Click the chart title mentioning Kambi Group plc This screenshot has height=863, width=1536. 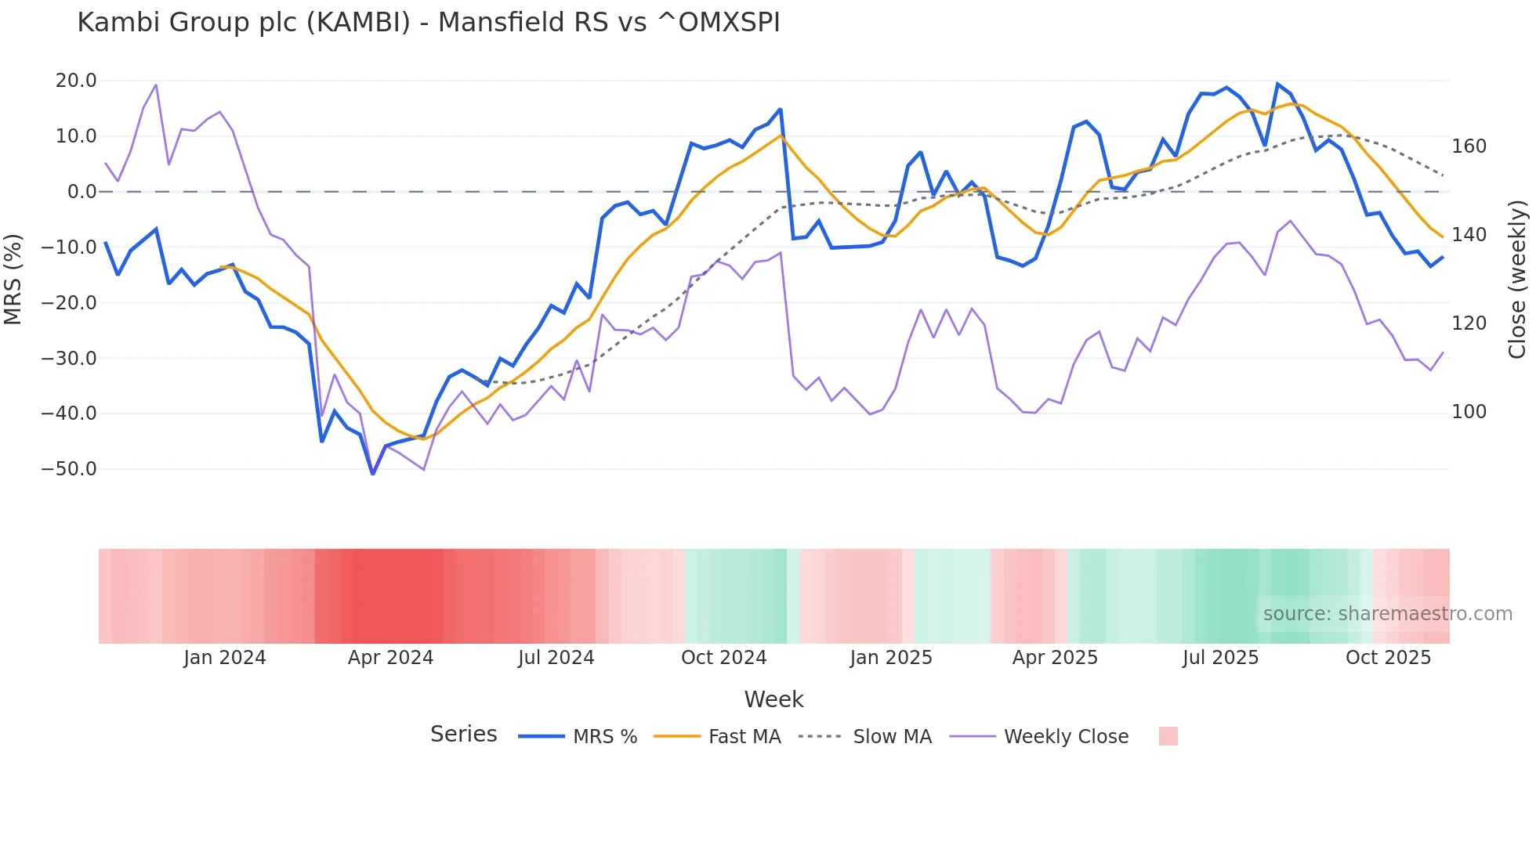pos(429,23)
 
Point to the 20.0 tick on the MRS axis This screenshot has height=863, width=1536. pos(76,81)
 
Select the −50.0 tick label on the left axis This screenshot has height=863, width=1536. pos(69,469)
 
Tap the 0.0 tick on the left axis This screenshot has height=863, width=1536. pos(82,192)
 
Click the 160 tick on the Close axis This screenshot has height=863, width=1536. pos(1469,146)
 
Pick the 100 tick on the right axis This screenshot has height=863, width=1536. pos(1469,412)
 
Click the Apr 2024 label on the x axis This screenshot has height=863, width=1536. pos(390,658)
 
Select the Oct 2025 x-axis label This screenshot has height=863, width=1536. pos(1388,658)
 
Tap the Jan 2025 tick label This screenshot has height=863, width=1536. pos(891,658)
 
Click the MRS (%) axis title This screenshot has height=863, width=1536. pos(13,279)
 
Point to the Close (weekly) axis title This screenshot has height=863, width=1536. pos(1518,279)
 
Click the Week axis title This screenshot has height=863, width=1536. pos(773,699)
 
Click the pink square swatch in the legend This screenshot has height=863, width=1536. pos(1168,736)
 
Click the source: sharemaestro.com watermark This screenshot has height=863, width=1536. pos(1387,614)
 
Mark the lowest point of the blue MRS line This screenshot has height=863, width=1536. pos(373,473)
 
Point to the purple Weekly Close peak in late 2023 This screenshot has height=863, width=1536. pos(156,85)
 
